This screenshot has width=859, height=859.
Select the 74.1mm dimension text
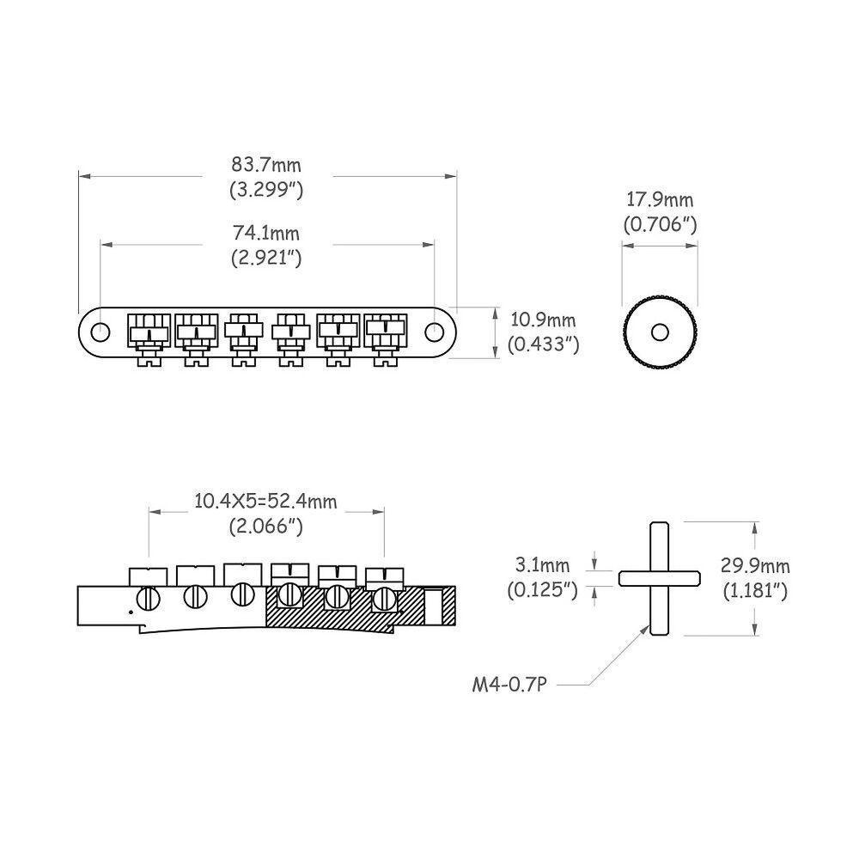(x=266, y=233)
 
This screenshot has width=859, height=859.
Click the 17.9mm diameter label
(x=660, y=200)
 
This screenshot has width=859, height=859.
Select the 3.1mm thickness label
(x=543, y=565)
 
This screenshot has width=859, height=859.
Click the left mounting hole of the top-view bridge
(x=101, y=331)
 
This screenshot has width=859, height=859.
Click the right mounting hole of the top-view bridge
(x=435, y=331)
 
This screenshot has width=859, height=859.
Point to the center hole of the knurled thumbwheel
(x=660, y=332)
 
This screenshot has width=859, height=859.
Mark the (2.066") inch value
(x=266, y=527)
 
